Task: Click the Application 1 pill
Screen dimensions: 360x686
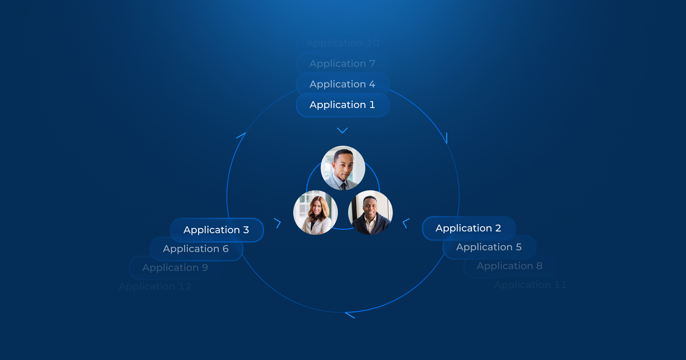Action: pyautogui.click(x=343, y=105)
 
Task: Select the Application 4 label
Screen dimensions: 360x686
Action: pyautogui.click(x=343, y=84)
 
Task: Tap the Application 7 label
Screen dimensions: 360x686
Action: pyautogui.click(x=343, y=64)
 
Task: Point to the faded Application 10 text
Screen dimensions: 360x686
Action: pyautogui.click(x=343, y=43)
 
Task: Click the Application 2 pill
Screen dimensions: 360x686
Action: pyautogui.click(x=469, y=228)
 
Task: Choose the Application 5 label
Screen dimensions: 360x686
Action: pyautogui.click(x=489, y=247)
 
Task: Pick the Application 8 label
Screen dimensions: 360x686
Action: pyautogui.click(x=510, y=266)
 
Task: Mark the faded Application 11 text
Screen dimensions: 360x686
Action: pyautogui.click(x=530, y=285)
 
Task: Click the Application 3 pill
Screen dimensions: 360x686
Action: pyautogui.click(x=217, y=230)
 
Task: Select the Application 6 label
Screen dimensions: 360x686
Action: pyautogui.click(x=196, y=249)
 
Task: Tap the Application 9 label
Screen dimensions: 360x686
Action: pyautogui.click(x=175, y=268)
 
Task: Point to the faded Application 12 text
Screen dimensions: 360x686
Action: pyautogui.click(x=155, y=287)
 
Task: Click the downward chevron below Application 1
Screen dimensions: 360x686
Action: pyautogui.click(x=342, y=130)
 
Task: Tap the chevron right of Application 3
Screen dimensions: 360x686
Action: pyautogui.click(x=278, y=223)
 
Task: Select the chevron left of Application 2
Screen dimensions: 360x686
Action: pyautogui.click(x=406, y=223)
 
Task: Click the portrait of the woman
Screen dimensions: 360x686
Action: pyautogui.click(x=316, y=213)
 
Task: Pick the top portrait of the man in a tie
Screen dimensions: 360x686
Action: pyautogui.click(x=343, y=168)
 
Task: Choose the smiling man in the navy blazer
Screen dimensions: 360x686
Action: pyautogui.click(x=370, y=213)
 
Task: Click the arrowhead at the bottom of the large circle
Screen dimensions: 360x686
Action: pyautogui.click(x=349, y=315)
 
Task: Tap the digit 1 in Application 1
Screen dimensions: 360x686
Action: pyautogui.click(x=372, y=105)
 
